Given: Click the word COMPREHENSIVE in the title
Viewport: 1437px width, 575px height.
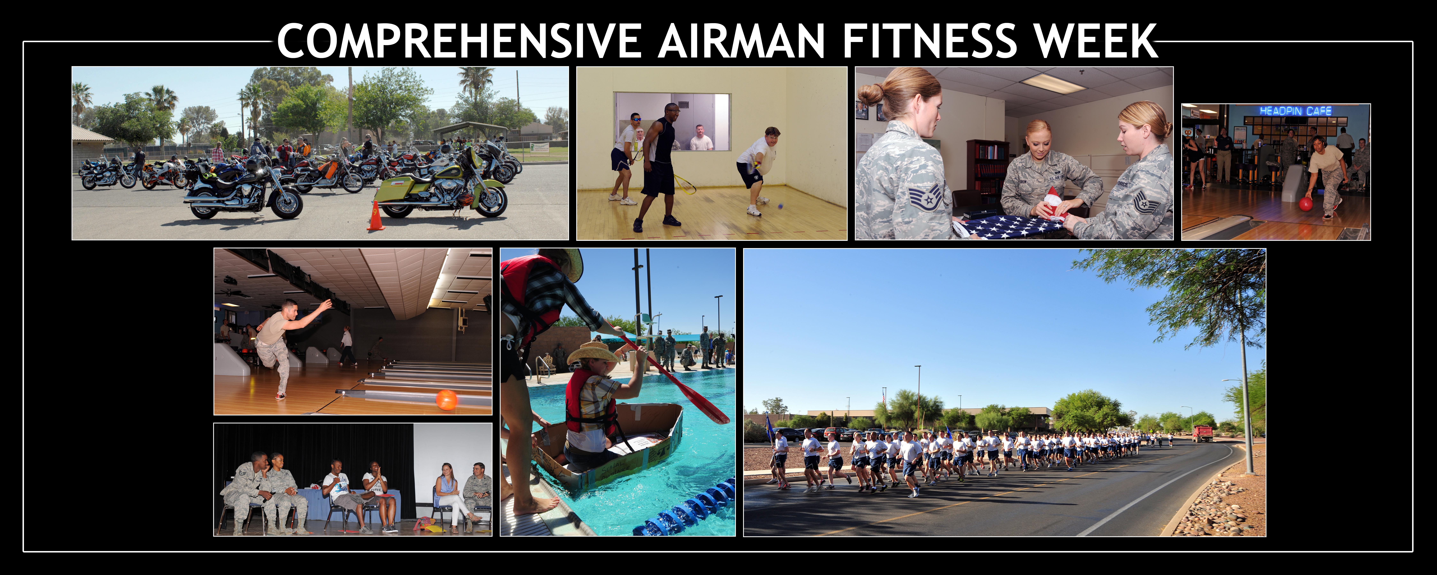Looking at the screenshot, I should pos(459,41).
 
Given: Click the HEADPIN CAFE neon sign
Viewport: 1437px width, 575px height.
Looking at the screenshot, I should pos(1295,111).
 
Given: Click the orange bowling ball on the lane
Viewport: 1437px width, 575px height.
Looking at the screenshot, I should pos(446,400).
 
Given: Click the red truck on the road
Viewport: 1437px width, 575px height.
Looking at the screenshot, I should pos(1202,433).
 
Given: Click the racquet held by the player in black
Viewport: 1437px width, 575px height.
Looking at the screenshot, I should pos(685,183).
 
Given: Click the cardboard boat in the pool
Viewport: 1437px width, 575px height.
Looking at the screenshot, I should pos(614,447).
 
